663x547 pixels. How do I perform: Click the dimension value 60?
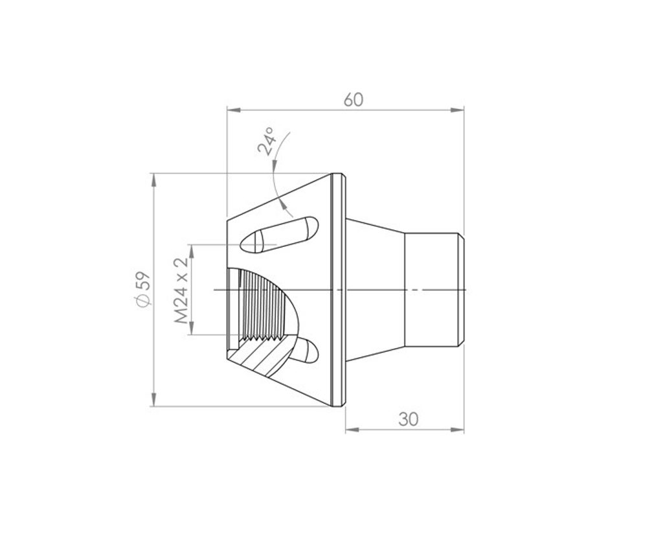tap(353, 100)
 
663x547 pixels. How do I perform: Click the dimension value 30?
tap(408, 419)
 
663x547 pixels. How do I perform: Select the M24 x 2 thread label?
tap(181, 290)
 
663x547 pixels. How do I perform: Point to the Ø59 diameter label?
tap(142, 289)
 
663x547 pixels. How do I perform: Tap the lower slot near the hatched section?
tap(306, 351)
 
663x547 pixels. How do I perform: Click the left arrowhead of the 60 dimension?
tap(234, 110)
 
